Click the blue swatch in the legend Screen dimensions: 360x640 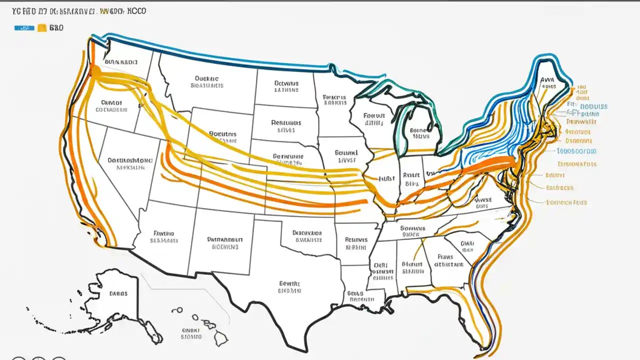(x=24, y=28)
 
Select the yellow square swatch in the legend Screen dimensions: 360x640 (x=41, y=28)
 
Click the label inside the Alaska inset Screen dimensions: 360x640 (x=118, y=293)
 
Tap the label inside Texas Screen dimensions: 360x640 (x=290, y=286)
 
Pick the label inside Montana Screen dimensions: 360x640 (x=206, y=81)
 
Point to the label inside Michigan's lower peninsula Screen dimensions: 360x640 (x=419, y=133)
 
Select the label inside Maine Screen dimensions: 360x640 (x=548, y=82)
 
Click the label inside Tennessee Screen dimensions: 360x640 (x=412, y=230)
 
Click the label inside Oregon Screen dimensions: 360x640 (x=111, y=105)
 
